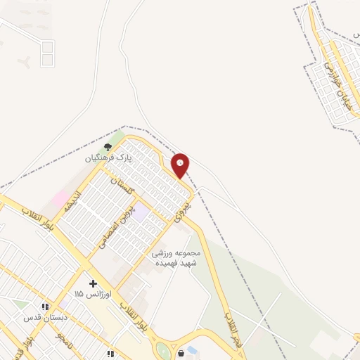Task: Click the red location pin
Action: (180, 165)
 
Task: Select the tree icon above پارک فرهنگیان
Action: (108, 147)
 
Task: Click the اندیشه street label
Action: (74, 200)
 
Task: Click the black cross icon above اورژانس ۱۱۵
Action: (93, 283)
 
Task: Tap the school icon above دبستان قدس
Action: (46, 307)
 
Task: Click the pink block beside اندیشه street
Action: (60, 195)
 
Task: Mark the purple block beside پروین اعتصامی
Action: (141, 210)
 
